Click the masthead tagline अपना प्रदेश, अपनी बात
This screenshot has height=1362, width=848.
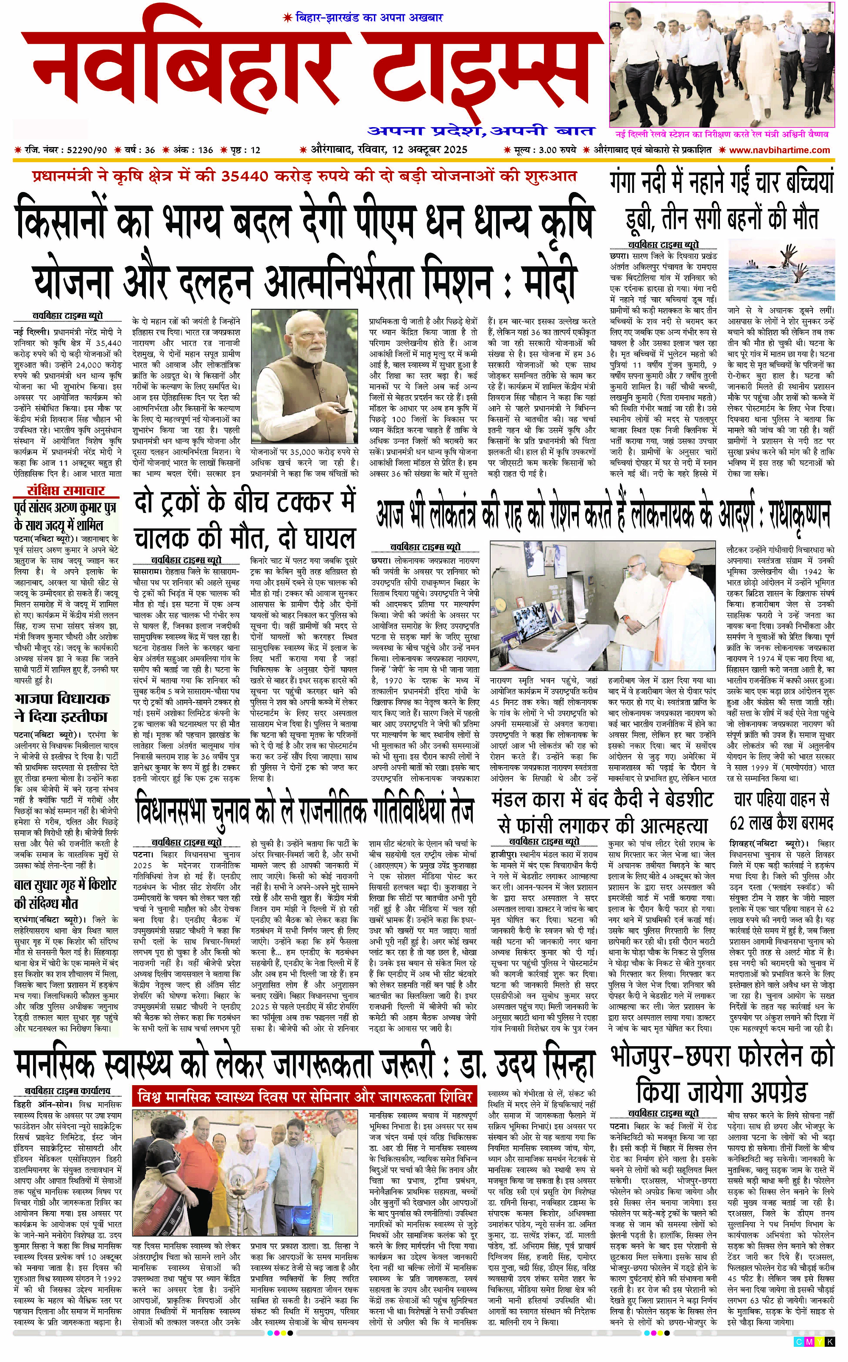pos(481,131)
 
